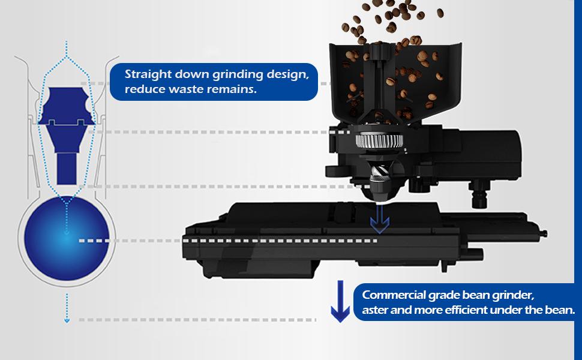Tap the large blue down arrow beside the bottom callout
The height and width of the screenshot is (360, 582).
(x=341, y=302)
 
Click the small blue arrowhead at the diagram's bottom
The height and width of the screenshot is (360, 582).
(x=67, y=320)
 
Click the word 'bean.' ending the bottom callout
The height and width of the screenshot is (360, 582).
(x=562, y=310)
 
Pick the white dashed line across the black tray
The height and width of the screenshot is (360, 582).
(x=282, y=241)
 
